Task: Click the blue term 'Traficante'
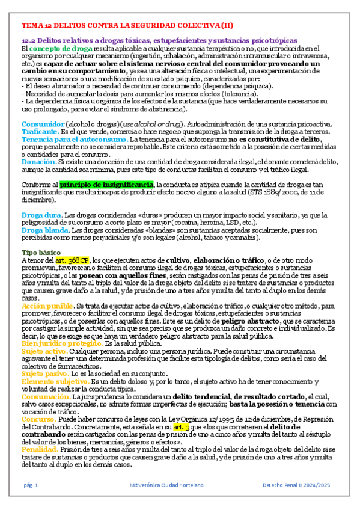click(41, 131)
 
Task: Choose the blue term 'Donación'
click(38, 162)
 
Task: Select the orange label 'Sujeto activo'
click(43, 351)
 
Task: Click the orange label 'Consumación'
click(46, 396)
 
